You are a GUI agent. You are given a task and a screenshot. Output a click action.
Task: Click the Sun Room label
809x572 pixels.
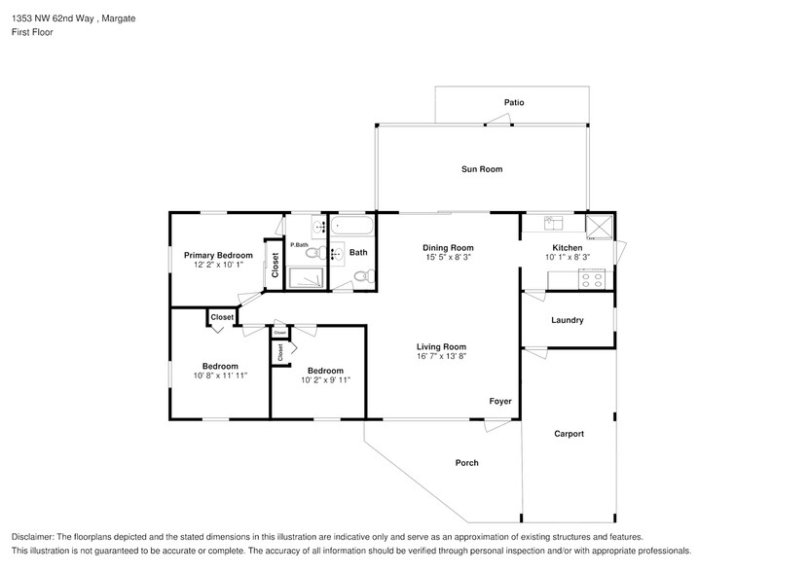click(481, 169)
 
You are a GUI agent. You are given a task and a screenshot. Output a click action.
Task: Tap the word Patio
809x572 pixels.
click(514, 102)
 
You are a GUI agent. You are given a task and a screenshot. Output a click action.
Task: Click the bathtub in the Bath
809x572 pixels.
click(351, 228)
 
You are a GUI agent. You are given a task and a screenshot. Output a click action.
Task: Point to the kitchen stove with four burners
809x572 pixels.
click(592, 279)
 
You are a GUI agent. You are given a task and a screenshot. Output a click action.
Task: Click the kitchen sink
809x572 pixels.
click(551, 222)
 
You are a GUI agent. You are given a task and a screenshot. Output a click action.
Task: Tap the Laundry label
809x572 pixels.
click(567, 320)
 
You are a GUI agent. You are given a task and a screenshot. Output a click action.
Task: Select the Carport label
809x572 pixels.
click(569, 434)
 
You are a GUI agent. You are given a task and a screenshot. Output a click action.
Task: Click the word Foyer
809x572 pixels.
click(499, 401)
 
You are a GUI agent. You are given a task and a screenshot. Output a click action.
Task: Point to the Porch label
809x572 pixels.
click(466, 463)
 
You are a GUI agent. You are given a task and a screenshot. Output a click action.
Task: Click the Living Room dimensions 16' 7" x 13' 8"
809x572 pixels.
click(441, 357)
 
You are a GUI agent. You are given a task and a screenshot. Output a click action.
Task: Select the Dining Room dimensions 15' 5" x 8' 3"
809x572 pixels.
click(448, 258)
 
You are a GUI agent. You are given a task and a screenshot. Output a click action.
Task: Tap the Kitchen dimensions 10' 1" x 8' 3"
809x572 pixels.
click(567, 258)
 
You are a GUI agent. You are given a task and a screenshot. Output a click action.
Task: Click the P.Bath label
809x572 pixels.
click(299, 244)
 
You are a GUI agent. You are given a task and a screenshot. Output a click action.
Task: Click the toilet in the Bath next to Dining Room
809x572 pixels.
click(361, 277)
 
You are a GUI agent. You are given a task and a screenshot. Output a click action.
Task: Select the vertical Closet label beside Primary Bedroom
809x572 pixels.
click(276, 266)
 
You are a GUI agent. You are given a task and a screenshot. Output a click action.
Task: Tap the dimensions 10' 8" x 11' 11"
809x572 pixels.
click(219, 375)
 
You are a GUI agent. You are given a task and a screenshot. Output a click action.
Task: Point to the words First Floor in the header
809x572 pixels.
click(32, 32)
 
